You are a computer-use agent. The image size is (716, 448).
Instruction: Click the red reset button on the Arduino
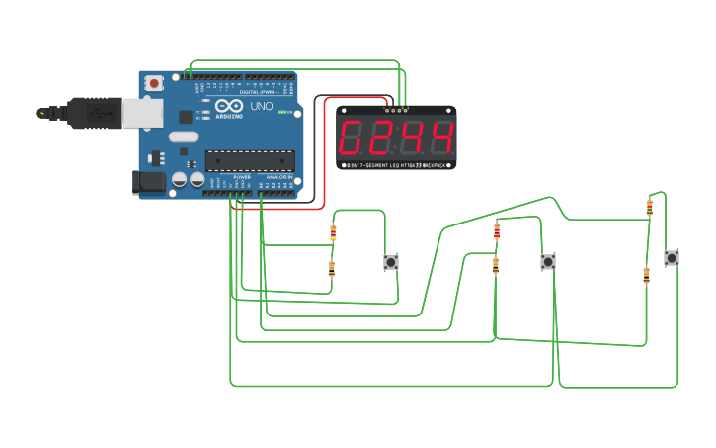tap(153, 85)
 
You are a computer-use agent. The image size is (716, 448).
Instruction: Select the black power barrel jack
tap(148, 181)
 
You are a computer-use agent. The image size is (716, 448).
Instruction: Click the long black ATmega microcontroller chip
tap(249, 160)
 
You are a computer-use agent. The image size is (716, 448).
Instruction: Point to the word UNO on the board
tap(262, 106)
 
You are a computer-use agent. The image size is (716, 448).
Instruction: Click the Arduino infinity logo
tap(230, 106)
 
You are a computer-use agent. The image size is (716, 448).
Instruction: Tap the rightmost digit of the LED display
tap(440, 137)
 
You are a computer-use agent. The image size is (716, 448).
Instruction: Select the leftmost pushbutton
tap(391, 262)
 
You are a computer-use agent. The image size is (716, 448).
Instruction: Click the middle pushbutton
tap(548, 262)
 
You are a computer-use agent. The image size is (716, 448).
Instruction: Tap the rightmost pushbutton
tap(672, 257)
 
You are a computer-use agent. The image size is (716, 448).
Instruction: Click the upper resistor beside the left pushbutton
tap(333, 233)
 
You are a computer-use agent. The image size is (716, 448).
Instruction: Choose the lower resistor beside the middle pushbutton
tap(495, 265)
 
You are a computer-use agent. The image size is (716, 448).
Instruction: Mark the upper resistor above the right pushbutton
tap(649, 206)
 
